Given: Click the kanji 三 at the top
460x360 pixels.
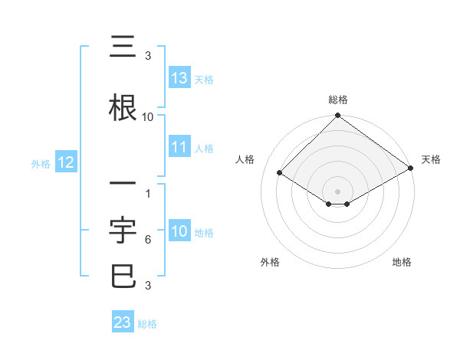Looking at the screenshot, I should [x=123, y=49].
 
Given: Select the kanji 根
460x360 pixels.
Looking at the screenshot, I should [x=123, y=107].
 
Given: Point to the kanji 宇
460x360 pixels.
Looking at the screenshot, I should [x=123, y=227].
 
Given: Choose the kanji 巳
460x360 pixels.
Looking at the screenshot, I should [x=123, y=275].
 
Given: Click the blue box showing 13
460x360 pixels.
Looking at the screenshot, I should [x=179, y=78].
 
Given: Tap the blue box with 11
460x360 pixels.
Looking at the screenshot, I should [x=179, y=147].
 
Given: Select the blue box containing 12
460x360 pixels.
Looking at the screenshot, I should [x=65, y=162].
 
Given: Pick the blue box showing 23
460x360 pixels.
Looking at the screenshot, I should [x=123, y=322].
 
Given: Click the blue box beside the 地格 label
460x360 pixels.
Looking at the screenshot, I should [x=179, y=232].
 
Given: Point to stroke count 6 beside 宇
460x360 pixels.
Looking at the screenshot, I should [x=147, y=240].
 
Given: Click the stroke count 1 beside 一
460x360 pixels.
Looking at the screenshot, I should [x=147, y=194].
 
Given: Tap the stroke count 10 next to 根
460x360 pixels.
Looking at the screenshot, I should [x=147, y=117].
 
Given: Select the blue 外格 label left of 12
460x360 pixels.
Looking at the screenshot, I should [x=40, y=163].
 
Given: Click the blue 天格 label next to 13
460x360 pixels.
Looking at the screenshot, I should [x=203, y=79].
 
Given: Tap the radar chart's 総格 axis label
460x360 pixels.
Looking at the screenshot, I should [x=337, y=100].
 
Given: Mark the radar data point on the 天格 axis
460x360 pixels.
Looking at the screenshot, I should [x=411, y=169].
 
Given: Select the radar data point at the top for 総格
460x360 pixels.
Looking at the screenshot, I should [x=337, y=116].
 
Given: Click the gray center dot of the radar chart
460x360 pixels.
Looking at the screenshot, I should [x=337, y=191].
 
